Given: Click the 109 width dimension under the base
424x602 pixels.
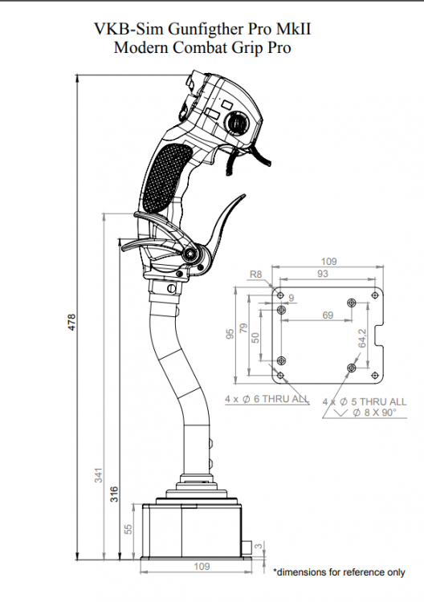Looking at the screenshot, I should tap(202, 567).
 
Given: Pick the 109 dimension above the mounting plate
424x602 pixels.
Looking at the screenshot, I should tap(328, 262).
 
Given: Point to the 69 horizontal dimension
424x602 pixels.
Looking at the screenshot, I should tap(328, 316).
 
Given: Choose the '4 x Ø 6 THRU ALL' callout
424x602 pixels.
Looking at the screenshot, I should tap(266, 399).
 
